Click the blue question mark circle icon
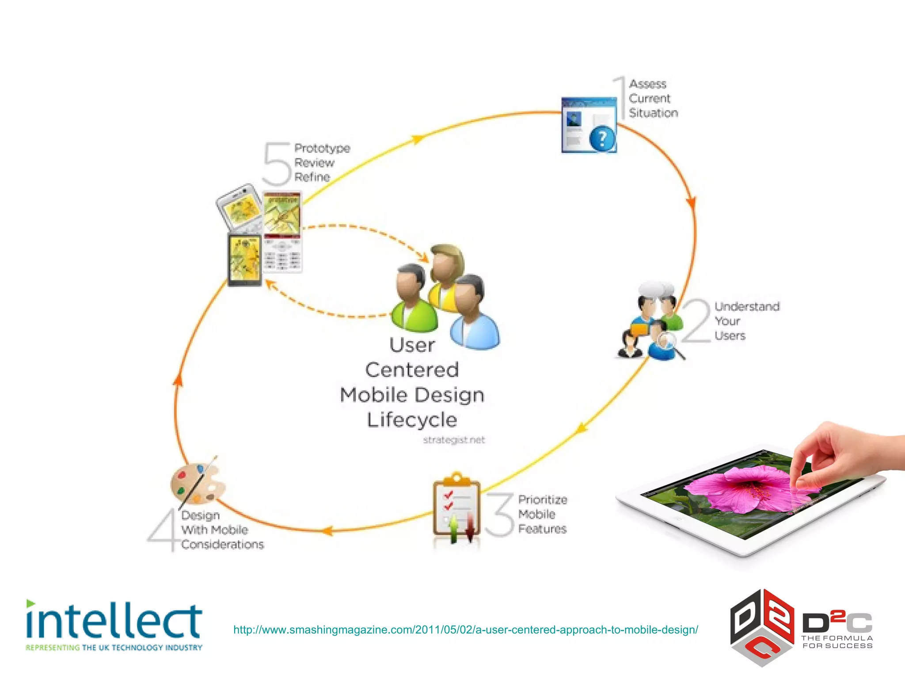(x=602, y=139)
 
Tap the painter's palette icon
(x=197, y=484)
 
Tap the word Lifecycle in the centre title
(x=412, y=420)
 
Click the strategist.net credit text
(x=454, y=440)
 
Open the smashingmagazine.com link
(x=465, y=629)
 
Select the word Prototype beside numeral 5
(x=322, y=149)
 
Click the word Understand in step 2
(x=747, y=306)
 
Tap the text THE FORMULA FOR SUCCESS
(x=837, y=642)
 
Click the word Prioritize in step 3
(x=542, y=500)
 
